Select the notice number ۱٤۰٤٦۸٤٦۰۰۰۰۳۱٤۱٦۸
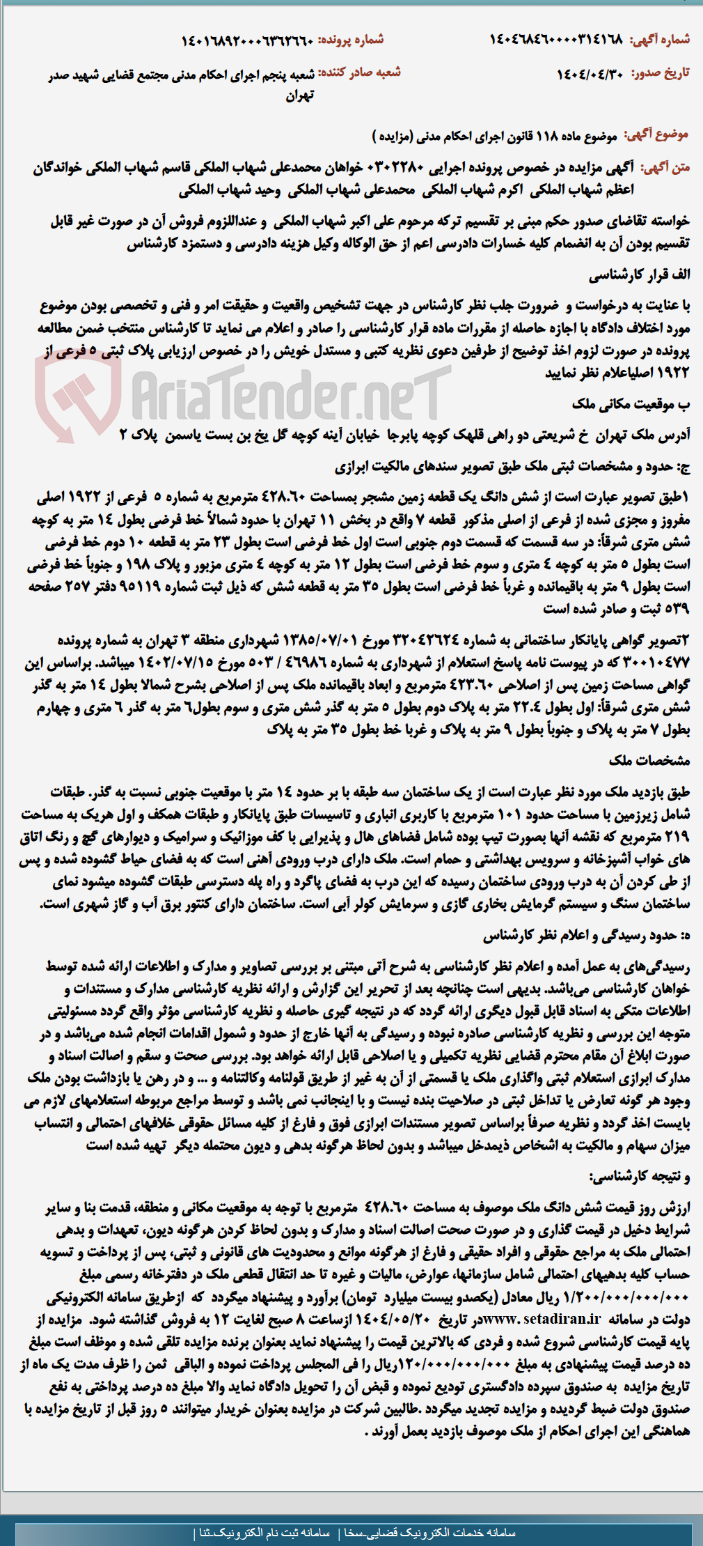point(556,40)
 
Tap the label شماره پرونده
point(351,40)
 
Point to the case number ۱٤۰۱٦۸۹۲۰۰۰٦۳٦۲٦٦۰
point(247,40)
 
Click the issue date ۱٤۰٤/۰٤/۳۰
point(589,74)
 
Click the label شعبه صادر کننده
point(365,72)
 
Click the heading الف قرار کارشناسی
point(640,275)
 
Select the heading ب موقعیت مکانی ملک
point(631,405)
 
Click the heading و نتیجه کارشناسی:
point(640,1177)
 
